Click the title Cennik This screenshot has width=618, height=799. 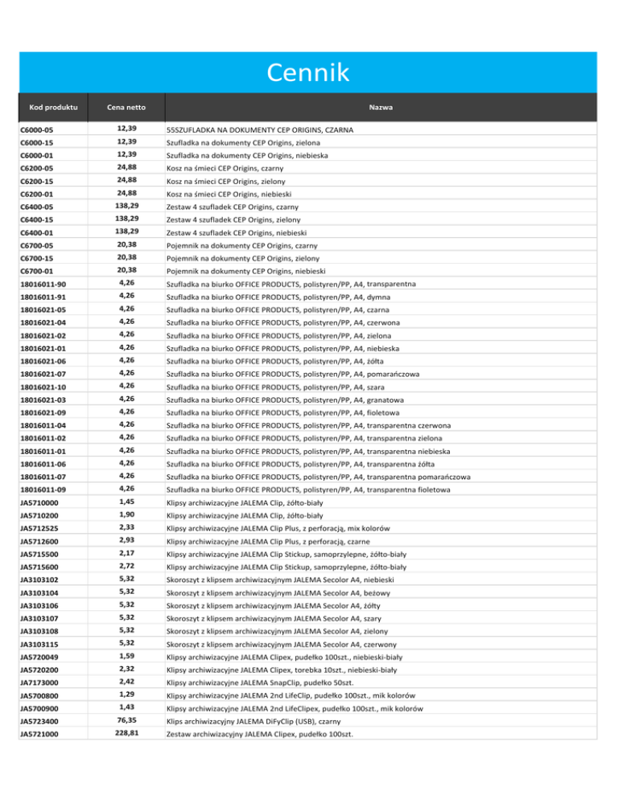click(310, 73)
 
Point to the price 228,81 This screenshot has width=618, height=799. click(126, 756)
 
